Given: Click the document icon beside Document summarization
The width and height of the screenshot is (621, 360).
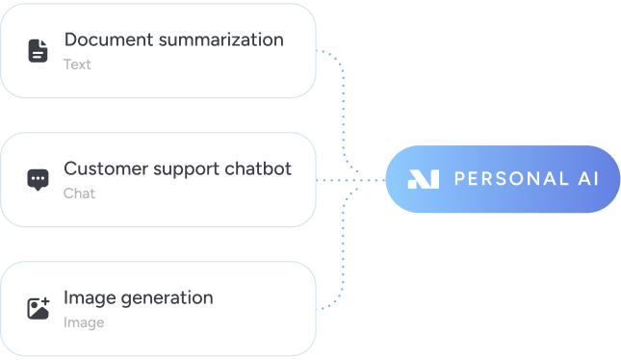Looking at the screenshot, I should pos(38,51).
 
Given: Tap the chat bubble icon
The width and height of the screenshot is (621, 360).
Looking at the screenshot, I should pos(38,180).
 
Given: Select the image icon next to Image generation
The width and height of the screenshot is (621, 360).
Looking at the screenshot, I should pos(38,309).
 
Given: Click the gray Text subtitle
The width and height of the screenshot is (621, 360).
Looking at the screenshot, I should pos(77,64).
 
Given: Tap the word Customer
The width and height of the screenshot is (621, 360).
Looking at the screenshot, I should pos(104,168).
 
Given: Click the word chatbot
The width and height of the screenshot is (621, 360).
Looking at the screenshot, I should pos(257,168).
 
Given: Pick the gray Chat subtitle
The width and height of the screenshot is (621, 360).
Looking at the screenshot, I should pos(79,193).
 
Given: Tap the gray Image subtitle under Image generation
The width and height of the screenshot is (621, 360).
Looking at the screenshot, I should pos(84,322).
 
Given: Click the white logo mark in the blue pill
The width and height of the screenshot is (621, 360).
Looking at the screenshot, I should pos(423,179).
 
